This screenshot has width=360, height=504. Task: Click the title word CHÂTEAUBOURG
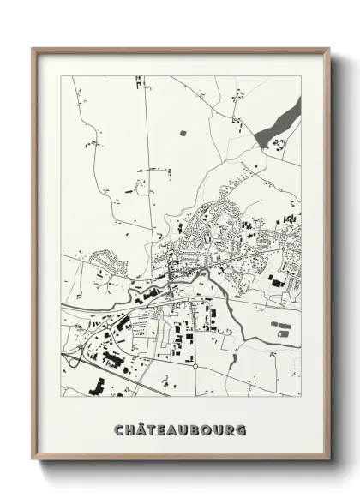[179, 428]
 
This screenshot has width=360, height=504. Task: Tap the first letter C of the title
[119, 428]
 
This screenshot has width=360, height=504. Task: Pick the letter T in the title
[152, 428]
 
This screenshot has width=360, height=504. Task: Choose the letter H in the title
[129, 428]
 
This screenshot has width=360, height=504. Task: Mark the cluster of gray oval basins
[281, 327]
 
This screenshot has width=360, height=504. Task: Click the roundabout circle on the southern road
[195, 366]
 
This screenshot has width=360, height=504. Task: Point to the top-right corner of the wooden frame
[329, 49]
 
